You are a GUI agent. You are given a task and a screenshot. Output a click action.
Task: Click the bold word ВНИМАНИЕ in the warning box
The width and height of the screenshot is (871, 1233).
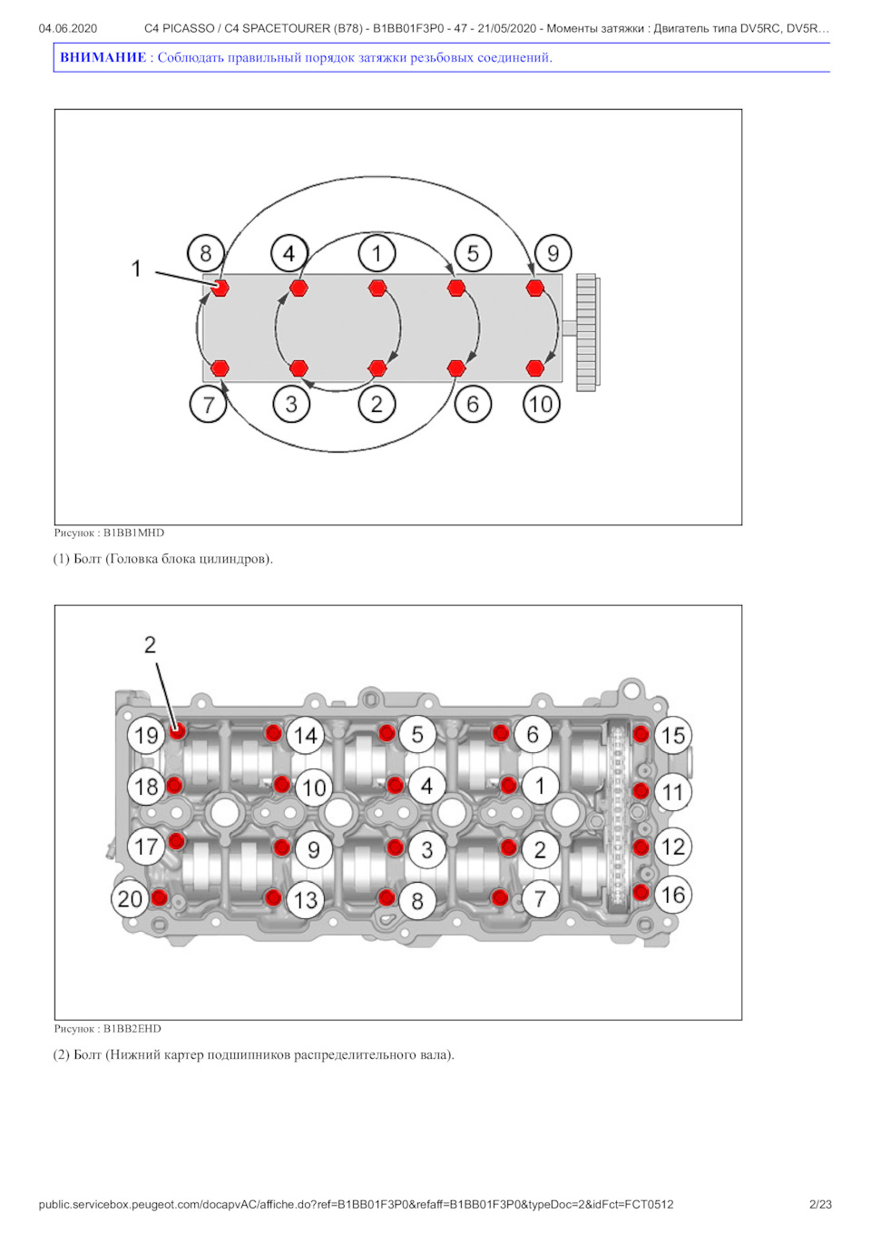pos(103,57)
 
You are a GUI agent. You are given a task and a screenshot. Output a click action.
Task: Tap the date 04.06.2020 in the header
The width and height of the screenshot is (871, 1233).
pos(68,28)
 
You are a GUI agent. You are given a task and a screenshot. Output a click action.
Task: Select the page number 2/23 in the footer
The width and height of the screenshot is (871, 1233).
pos(820,1204)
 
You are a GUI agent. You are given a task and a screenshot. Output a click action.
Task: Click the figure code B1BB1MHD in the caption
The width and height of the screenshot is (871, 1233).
pos(133,533)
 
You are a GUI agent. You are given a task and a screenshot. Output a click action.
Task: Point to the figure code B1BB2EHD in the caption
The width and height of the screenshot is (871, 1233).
pos(132,1029)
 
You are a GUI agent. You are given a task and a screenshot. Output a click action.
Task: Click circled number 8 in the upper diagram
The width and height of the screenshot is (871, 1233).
pos(206,253)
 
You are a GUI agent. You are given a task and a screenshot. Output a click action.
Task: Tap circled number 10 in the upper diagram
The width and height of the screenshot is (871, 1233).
pos(541,404)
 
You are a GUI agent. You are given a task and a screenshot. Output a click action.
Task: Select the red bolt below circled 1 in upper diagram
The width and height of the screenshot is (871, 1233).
pos(377,289)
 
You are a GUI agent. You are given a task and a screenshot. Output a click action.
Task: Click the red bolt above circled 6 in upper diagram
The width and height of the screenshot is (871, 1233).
pos(456,367)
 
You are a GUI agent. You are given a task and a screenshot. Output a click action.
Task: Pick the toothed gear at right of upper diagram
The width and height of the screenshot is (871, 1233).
pos(587,332)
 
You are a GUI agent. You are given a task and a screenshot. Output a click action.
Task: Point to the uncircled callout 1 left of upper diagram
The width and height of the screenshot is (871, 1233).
pos(136,269)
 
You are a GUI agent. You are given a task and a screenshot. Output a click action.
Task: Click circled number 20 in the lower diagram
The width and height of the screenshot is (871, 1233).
pos(130,898)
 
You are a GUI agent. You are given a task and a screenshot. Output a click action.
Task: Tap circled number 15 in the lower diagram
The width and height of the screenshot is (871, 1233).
pos(672,735)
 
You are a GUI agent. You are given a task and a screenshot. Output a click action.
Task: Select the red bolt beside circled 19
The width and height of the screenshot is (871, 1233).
pos(178,730)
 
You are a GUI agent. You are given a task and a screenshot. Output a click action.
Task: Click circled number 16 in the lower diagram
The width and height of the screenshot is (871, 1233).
pos(672,895)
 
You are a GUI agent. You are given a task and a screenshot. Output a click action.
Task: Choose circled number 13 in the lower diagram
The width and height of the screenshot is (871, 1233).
pos(306,900)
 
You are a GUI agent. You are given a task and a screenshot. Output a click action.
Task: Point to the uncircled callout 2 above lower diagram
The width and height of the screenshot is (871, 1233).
pos(150,645)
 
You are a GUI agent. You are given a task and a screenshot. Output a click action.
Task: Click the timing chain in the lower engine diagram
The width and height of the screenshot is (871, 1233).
pos(618,817)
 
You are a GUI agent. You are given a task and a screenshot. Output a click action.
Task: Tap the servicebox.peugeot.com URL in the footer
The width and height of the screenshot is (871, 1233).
pos(356,1204)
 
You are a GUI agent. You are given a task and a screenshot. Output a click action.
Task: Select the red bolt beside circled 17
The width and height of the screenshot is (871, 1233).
pos(177,841)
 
